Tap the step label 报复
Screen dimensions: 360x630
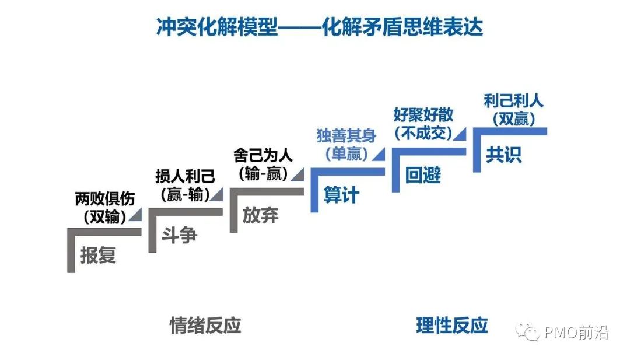[98, 255]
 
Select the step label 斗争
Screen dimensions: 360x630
[179, 235]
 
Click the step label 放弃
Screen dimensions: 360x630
[260, 215]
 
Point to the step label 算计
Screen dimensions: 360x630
[341, 195]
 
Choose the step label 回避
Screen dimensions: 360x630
[423, 175]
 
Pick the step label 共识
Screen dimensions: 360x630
[504, 155]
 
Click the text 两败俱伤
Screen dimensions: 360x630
[105, 199]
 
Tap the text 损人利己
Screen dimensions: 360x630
[185, 176]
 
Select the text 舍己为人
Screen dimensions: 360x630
[263, 156]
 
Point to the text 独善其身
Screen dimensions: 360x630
[346, 136]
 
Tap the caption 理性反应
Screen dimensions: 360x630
[452, 325]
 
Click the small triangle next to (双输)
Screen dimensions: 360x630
[135, 216]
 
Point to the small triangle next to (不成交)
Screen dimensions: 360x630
[460, 134]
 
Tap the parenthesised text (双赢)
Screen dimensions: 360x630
[513, 118]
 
